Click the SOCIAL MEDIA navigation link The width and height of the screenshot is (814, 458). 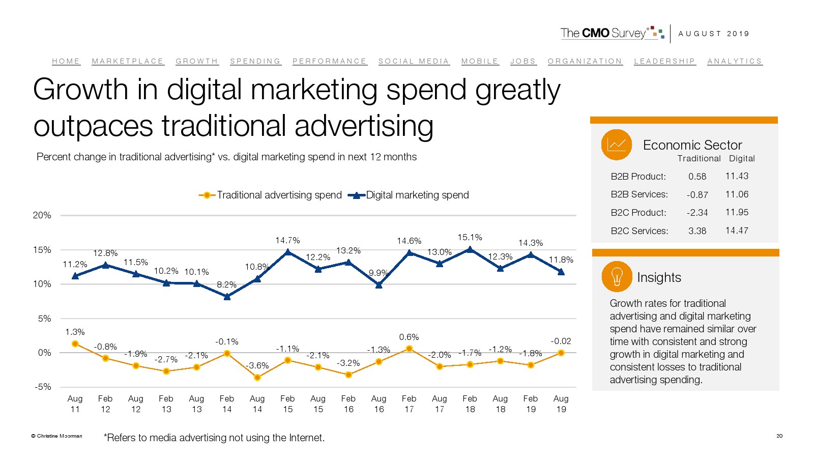point(414,61)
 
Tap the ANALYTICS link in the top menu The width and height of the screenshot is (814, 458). point(735,61)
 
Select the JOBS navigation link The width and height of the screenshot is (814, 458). point(523,61)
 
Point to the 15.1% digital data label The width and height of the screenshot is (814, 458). point(470,237)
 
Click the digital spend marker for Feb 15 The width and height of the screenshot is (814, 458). point(288,252)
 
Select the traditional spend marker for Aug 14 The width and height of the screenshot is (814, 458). point(257,378)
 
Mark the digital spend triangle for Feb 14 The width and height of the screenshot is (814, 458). point(227,296)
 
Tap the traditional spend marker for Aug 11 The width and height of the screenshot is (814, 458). point(75,344)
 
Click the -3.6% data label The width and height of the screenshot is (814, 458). point(257,365)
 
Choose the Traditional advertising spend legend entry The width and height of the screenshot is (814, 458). point(271,195)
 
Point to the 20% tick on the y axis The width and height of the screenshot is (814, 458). point(42,215)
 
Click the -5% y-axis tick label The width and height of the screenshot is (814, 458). point(43,387)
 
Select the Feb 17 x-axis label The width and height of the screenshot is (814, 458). point(409,404)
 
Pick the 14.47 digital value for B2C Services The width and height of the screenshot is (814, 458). point(737,231)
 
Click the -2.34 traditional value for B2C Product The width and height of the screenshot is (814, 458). point(697,213)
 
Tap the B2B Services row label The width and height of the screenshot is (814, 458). point(639,194)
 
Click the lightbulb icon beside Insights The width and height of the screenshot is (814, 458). point(617,277)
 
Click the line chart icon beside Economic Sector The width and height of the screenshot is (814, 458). point(617,145)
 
